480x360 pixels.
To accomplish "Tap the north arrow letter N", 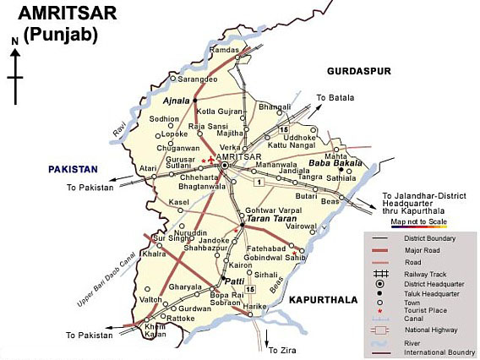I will (x=14, y=41).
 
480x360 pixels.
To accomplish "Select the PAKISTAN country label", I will (x=73, y=169).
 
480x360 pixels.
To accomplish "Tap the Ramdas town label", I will (x=225, y=51).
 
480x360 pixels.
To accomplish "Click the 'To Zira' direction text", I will (x=280, y=347).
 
